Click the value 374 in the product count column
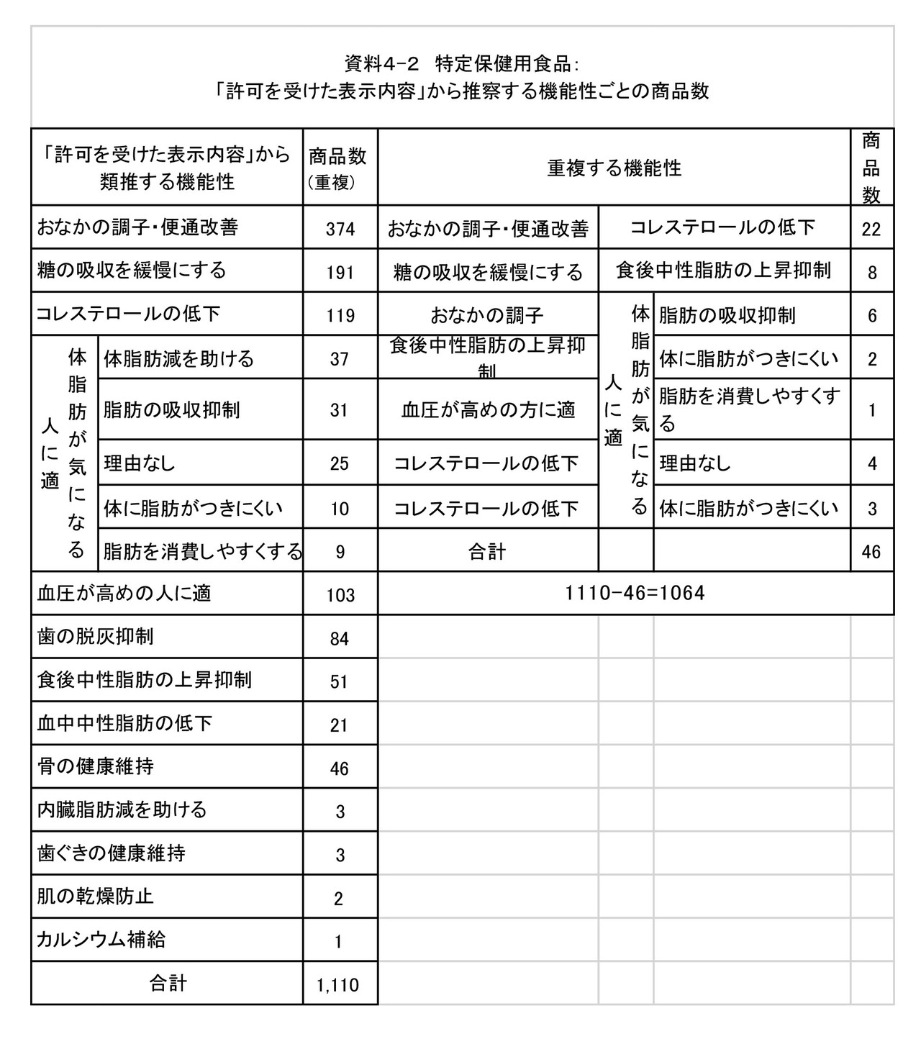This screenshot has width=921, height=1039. point(340,229)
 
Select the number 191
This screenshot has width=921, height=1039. point(340,272)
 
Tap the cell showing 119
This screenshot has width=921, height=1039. point(340,315)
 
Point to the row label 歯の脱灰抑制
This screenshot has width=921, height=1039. point(95,637)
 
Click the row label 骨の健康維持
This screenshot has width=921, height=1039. point(95,766)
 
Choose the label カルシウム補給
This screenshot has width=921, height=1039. point(101,940)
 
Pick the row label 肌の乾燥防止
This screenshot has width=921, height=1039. point(95,897)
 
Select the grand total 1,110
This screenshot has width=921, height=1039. point(337,985)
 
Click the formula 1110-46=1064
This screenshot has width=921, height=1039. point(635,594)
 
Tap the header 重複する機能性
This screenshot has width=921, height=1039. point(614,168)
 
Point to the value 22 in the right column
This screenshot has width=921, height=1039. point(871,229)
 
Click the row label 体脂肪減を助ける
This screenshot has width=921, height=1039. point(178,358)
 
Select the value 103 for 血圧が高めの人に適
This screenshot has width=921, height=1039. point(340,595)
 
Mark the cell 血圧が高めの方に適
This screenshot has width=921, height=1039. point(488,410)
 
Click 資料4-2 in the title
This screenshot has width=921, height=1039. point(381,64)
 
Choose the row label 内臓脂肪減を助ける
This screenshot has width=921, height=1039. point(122,809)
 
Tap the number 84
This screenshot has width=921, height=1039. point(339,639)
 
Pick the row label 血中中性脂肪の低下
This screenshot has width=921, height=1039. point(124,723)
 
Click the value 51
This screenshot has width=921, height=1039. point(339,682)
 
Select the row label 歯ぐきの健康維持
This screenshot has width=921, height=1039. point(111,853)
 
